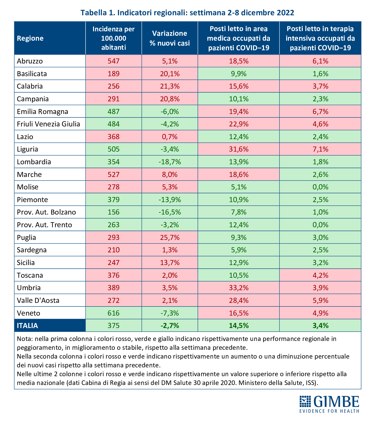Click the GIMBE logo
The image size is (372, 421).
point(329,404)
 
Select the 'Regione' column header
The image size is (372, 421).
point(30,38)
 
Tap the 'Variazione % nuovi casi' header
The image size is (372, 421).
point(170,38)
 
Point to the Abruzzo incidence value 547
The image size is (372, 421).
point(114,61)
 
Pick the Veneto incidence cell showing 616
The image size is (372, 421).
point(114,313)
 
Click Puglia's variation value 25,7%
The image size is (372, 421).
point(170,238)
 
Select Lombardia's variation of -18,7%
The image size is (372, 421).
point(170,162)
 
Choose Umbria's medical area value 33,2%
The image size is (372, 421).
point(238,288)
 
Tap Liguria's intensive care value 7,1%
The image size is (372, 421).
point(320,149)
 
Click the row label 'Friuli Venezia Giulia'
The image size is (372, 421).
point(48,124)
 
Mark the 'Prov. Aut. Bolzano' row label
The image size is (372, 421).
point(46,212)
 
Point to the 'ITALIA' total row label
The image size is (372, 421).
point(27,326)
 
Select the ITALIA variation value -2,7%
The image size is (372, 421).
point(170,326)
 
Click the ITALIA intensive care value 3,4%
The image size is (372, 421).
point(320,326)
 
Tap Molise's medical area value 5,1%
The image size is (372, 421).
point(238,187)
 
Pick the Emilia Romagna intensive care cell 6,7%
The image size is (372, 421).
point(320,112)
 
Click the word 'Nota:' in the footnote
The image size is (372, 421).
point(25,339)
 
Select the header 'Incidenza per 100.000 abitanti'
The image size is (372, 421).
point(114,38)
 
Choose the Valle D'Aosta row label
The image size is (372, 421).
point(38,301)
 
